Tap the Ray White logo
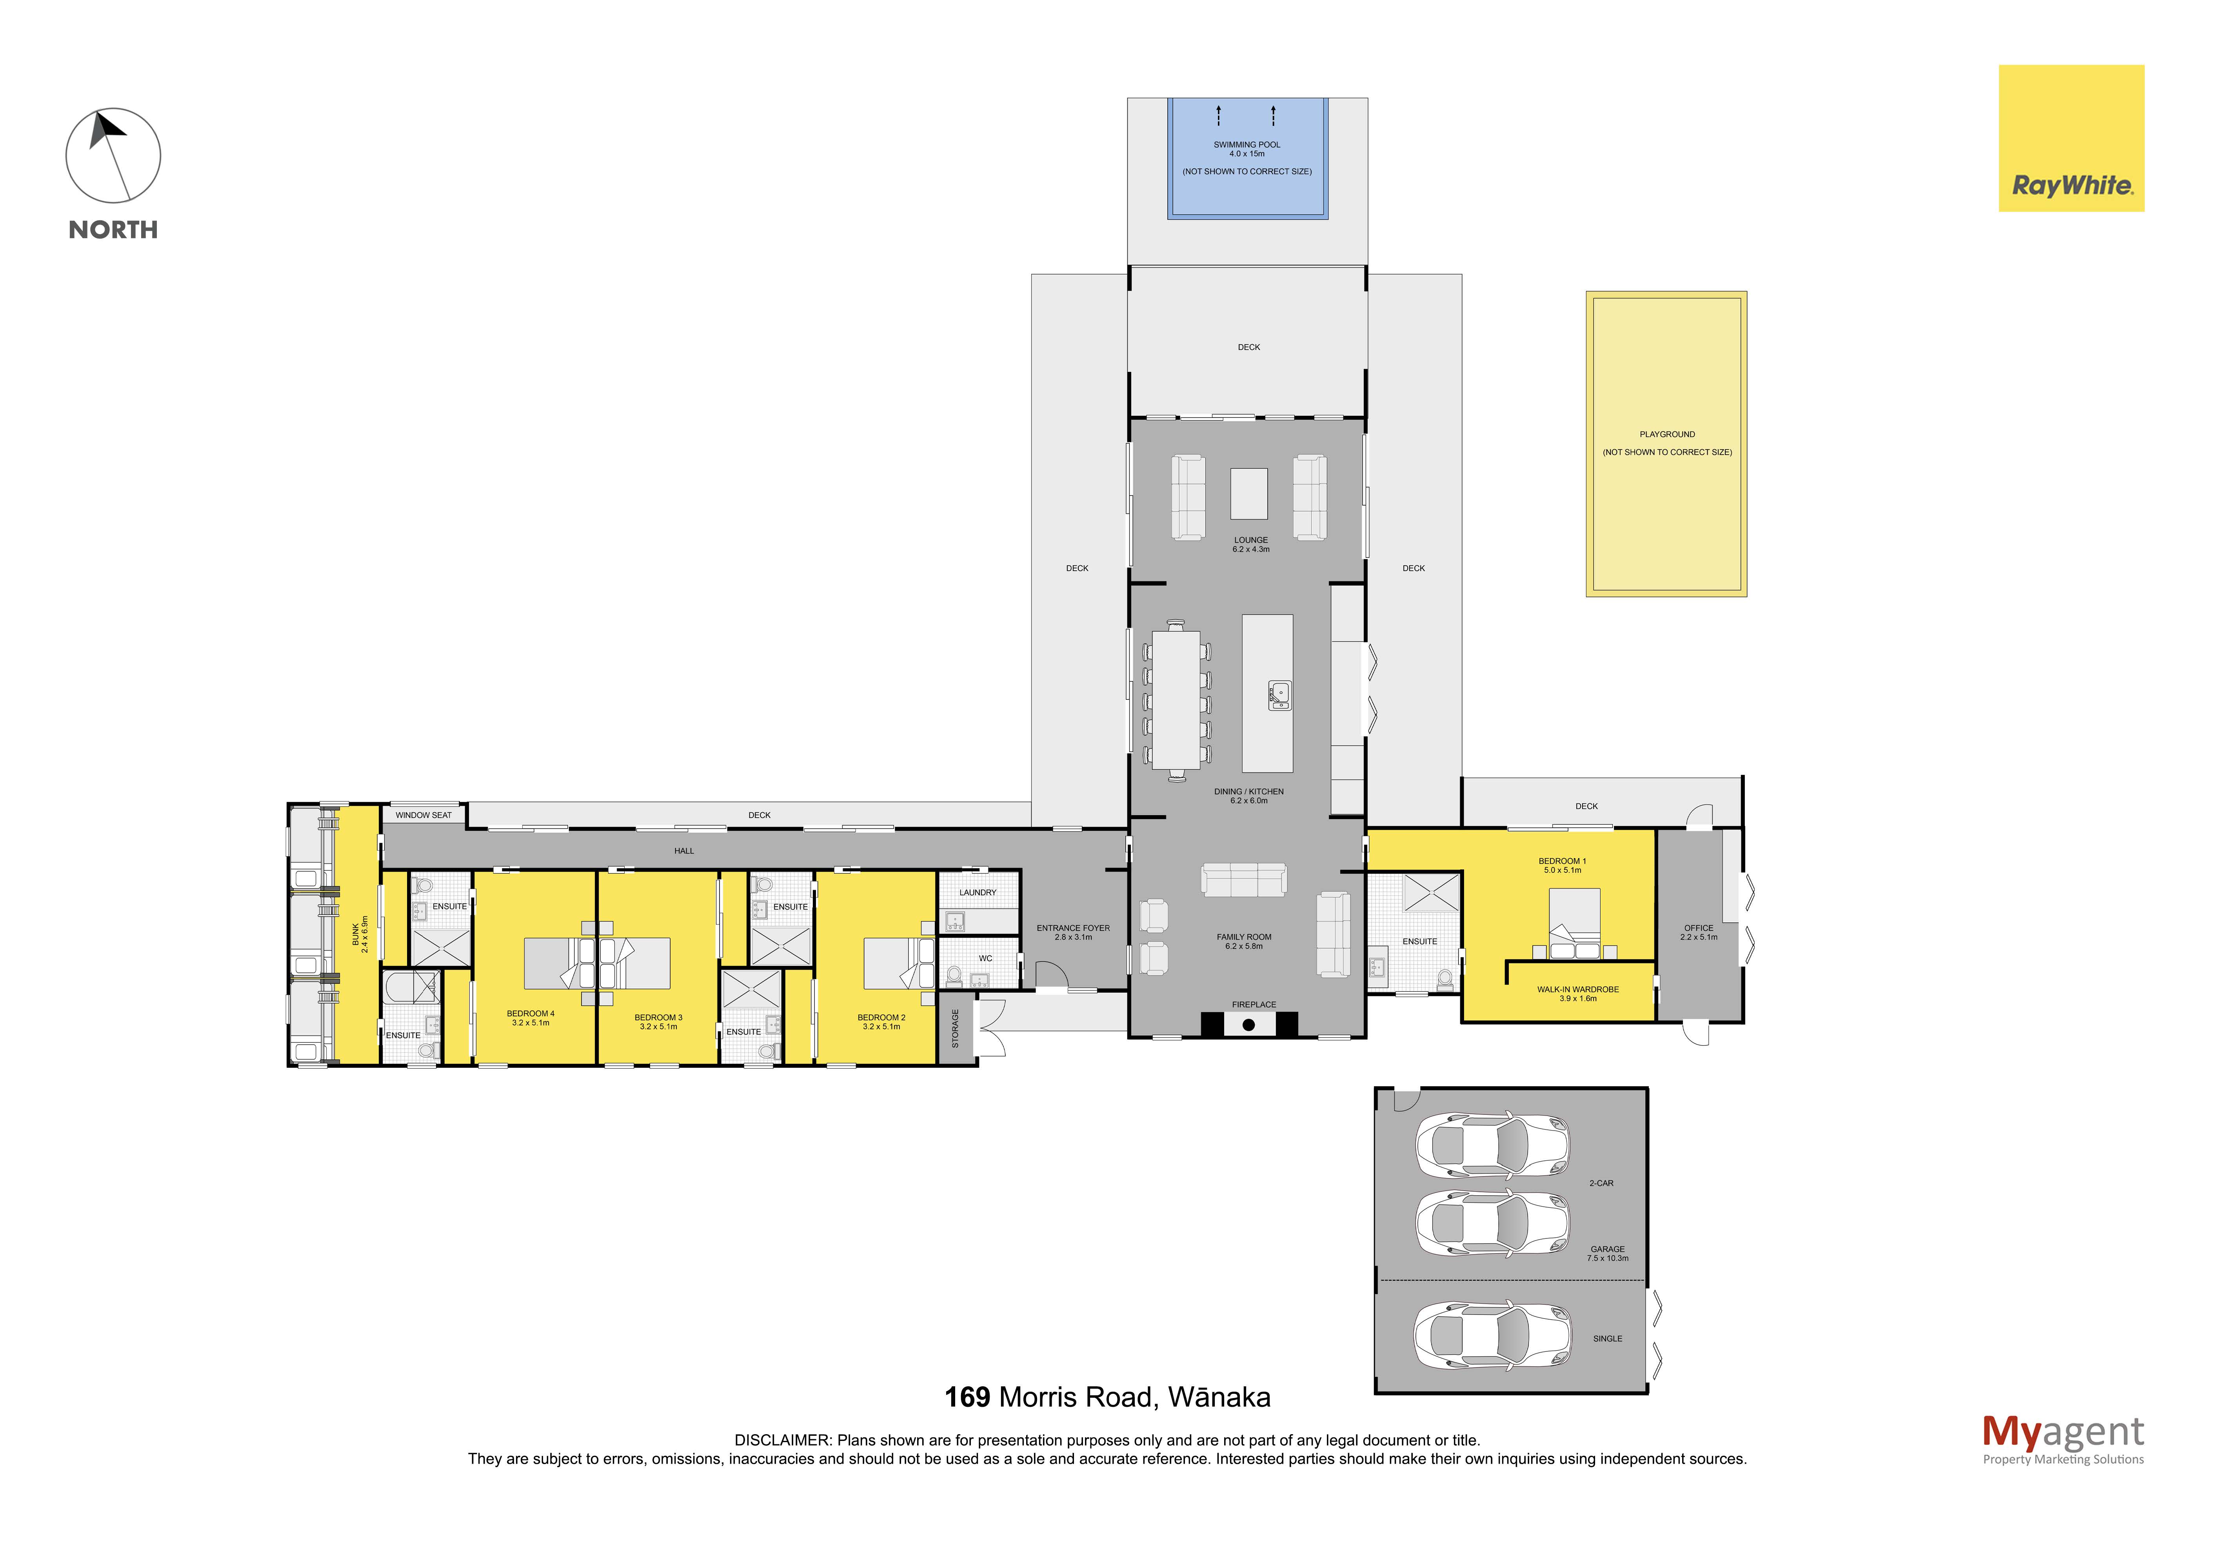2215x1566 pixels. click(x=2071, y=138)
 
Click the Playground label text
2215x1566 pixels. click(x=1667, y=434)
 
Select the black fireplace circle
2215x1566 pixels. click(x=1248, y=1025)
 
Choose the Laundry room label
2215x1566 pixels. click(x=977, y=892)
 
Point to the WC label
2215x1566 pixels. click(x=985, y=958)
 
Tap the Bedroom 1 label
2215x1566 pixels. click(x=1562, y=861)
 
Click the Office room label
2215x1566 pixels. click(x=1699, y=928)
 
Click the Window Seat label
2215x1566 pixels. click(x=423, y=815)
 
